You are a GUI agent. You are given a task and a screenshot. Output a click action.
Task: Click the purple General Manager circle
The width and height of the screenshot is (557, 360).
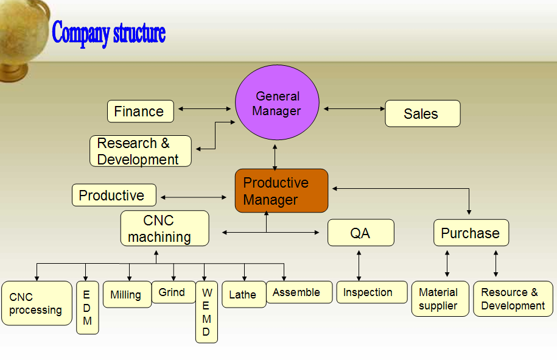point(277,102)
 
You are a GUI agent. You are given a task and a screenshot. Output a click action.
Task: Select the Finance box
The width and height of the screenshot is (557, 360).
point(141,111)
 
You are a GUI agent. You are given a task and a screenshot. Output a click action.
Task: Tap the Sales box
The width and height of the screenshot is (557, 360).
point(422,113)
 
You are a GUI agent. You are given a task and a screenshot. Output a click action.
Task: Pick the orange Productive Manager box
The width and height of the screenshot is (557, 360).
point(281,191)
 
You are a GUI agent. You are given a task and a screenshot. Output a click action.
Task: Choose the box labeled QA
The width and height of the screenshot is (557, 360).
point(361,233)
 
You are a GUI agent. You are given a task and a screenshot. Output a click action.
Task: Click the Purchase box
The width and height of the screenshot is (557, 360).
point(471,233)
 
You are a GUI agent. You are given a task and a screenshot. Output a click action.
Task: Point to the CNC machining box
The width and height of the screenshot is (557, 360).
point(165,228)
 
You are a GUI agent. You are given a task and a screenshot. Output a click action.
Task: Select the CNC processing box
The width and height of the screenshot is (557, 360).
point(37,303)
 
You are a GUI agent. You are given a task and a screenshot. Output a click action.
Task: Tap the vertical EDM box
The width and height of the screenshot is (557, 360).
point(88,308)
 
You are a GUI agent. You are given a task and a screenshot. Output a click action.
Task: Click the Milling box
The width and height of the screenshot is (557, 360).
point(127,294)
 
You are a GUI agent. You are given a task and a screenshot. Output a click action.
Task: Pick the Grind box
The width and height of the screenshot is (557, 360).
point(173,292)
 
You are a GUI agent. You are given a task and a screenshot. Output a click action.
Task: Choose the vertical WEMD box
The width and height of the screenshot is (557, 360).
point(207,312)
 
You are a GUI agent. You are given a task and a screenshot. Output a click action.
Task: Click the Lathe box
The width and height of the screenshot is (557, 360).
point(244,294)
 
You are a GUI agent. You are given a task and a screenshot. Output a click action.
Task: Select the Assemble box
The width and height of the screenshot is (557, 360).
point(300,292)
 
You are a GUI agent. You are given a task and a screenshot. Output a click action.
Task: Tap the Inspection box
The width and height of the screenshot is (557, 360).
point(372,292)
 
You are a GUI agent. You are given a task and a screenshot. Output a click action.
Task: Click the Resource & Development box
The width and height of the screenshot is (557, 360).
point(513,299)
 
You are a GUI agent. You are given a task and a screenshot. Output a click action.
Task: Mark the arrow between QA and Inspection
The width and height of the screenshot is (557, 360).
point(359,266)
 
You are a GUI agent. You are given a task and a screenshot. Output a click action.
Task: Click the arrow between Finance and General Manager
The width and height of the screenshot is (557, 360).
point(205,109)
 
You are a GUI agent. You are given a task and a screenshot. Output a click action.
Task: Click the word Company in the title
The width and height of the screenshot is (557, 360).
point(80,33)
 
